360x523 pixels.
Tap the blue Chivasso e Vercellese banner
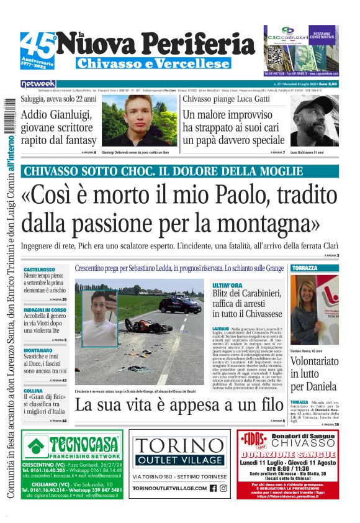point(153,63)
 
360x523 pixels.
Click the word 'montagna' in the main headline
point(268,222)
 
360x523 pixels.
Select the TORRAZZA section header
point(305,268)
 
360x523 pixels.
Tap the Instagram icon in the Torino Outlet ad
point(224,488)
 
